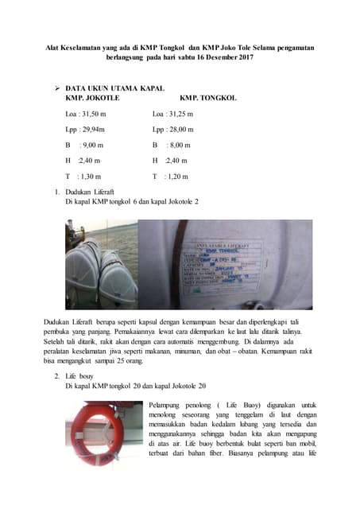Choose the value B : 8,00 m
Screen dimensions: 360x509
click(x=172, y=145)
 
